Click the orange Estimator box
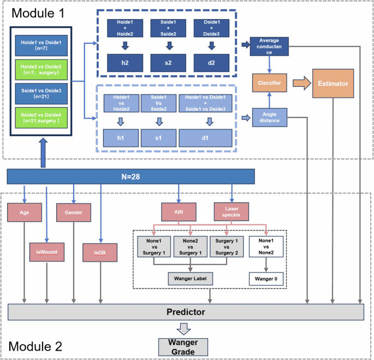(333, 84)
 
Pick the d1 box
(205, 137)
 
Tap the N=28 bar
(131, 176)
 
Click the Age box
(24, 213)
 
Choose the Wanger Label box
(190, 279)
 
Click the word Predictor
(186, 312)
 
